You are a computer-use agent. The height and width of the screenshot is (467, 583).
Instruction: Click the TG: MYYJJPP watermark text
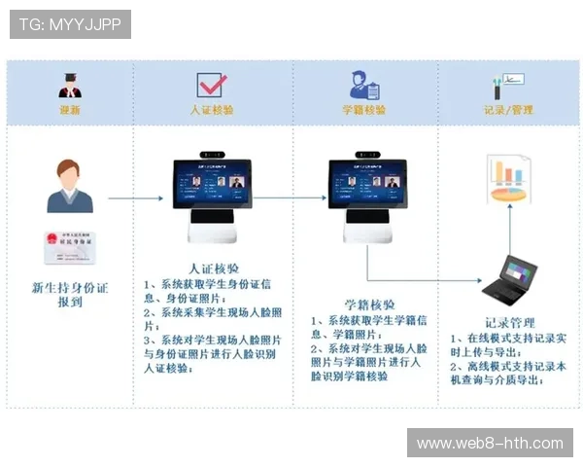pos(70,24)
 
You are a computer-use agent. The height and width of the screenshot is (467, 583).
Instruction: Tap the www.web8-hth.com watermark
pos(490,444)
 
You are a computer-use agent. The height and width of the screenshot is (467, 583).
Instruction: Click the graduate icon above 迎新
pos(70,84)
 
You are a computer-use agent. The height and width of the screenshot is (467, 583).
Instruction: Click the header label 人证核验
pos(211,110)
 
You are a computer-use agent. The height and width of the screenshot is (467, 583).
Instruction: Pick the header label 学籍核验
pos(363,110)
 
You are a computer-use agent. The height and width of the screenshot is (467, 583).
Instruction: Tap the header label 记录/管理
pos(508,110)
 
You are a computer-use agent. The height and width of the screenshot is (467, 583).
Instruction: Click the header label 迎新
pos(70,110)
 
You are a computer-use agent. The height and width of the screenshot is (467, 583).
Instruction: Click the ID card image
pos(69,247)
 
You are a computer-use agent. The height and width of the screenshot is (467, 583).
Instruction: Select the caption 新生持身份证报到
pos(70,295)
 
